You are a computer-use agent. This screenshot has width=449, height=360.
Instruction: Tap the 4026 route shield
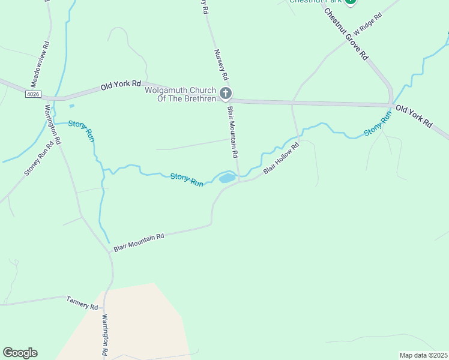click(34, 94)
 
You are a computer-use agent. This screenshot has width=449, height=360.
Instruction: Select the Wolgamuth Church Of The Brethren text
click(180, 94)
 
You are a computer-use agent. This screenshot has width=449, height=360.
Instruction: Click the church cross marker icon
click(225, 93)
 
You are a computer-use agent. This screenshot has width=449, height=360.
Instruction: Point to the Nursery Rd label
click(220, 65)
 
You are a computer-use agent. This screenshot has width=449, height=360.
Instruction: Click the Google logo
click(20, 352)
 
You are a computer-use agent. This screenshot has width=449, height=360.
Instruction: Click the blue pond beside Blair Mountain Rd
click(227, 178)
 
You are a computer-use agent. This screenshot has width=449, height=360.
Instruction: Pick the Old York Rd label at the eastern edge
click(414, 116)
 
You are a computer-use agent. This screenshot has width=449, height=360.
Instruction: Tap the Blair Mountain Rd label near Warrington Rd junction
click(139, 241)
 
